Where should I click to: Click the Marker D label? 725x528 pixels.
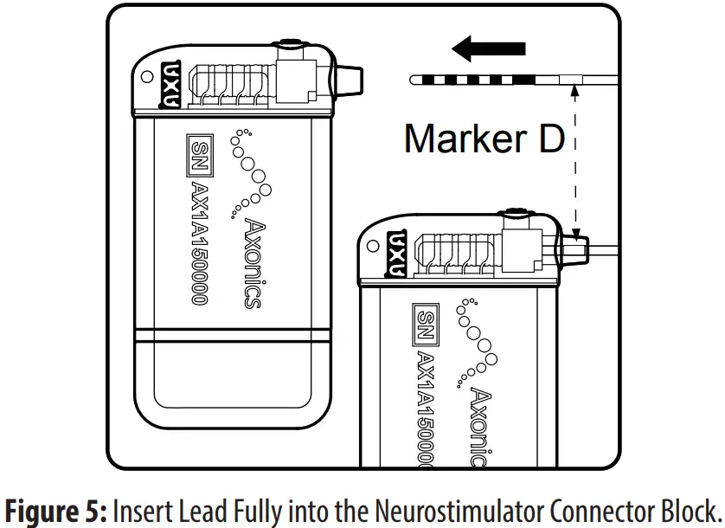(484, 138)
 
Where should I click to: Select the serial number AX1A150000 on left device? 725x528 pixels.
(199, 242)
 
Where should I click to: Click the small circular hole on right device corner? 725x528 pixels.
(372, 246)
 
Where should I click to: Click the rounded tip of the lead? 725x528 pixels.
(414, 80)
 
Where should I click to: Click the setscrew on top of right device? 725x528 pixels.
(516, 212)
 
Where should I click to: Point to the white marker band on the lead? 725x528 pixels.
(572, 80)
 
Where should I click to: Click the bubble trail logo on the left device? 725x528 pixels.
(251, 173)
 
